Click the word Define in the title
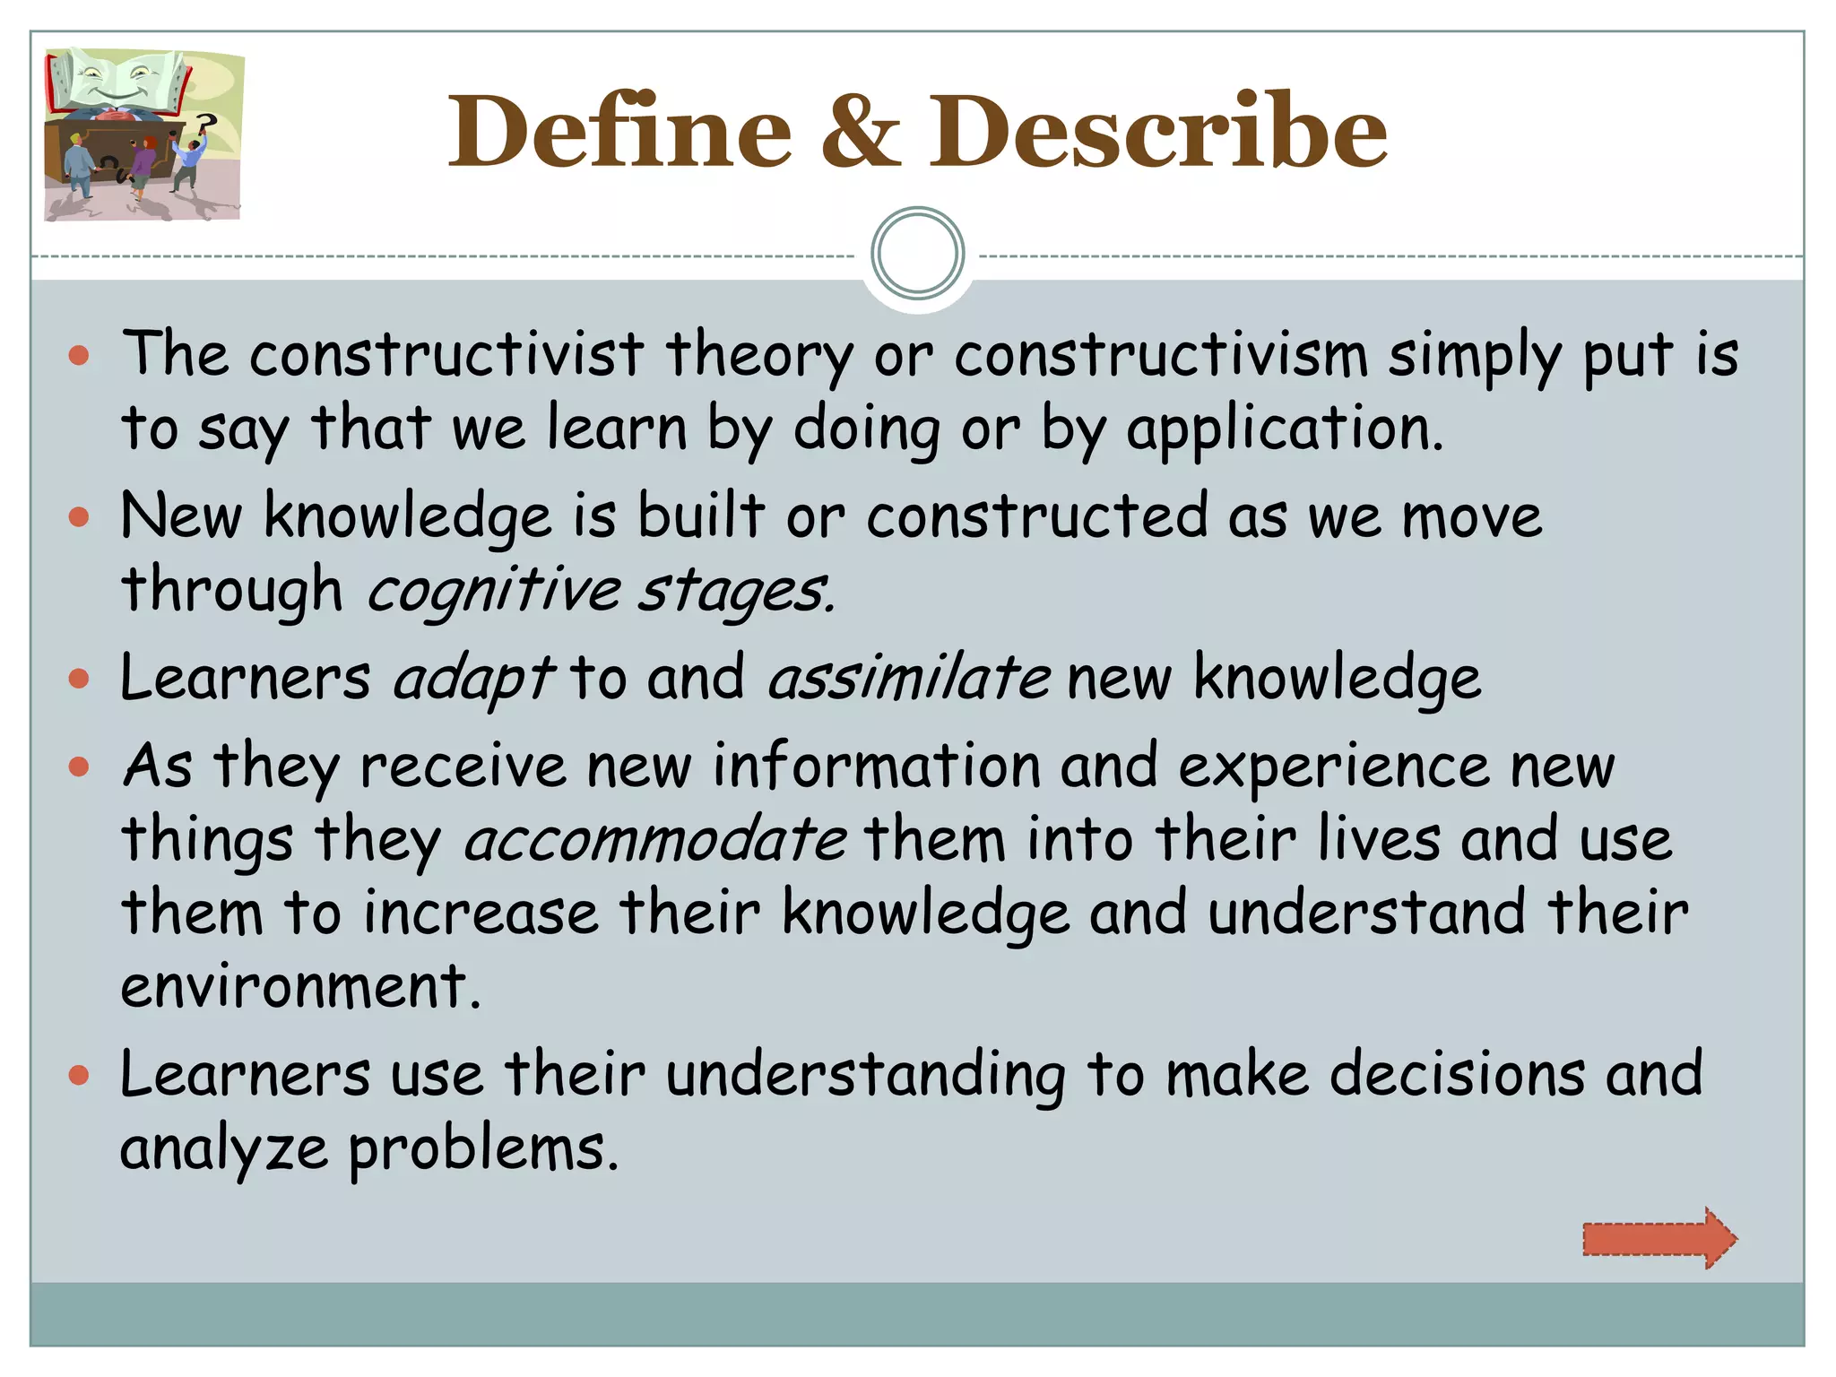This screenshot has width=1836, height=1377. [619, 132]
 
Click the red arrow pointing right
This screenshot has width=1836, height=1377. [1658, 1238]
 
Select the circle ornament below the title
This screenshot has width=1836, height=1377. [917, 254]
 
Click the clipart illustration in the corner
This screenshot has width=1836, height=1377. [143, 134]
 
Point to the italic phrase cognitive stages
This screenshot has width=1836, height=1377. [601, 592]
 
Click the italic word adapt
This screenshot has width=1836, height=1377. [473, 679]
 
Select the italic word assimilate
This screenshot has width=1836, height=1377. [909, 679]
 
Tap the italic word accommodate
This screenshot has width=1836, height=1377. [654, 840]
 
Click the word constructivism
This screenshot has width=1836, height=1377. [1161, 355]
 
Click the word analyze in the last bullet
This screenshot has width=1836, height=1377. [224, 1149]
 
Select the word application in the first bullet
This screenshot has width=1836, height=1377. [1284, 429]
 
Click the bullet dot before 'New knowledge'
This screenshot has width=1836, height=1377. [79, 517]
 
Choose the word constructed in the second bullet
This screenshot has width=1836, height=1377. [1037, 517]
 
